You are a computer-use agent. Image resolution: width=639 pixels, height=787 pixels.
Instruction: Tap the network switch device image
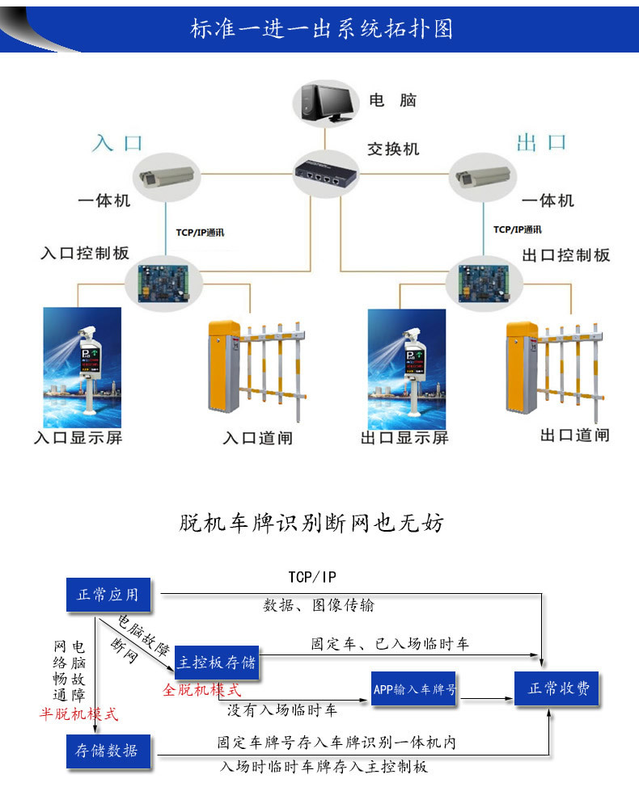point(324,171)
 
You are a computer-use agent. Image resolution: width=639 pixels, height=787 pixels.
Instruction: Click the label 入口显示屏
point(78,438)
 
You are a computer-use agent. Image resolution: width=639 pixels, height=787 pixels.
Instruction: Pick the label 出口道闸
point(574,436)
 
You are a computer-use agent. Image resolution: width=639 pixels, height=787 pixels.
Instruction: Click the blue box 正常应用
point(108,596)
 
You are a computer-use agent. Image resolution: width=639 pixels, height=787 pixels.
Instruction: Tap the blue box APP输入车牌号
point(415,689)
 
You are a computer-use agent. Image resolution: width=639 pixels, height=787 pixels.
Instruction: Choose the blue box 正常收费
point(558,689)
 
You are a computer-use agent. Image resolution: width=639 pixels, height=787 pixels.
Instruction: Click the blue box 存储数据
point(108,751)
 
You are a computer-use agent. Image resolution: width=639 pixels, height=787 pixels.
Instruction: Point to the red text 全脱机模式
point(202,690)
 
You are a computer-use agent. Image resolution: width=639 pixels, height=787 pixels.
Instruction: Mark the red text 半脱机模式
point(79,714)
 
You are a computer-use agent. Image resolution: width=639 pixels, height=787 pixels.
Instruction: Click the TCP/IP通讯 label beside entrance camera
point(200,233)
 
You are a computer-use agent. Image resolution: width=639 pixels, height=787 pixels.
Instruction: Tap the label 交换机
point(394,149)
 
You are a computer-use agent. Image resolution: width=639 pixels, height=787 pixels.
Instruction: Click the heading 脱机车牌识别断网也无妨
point(311,524)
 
